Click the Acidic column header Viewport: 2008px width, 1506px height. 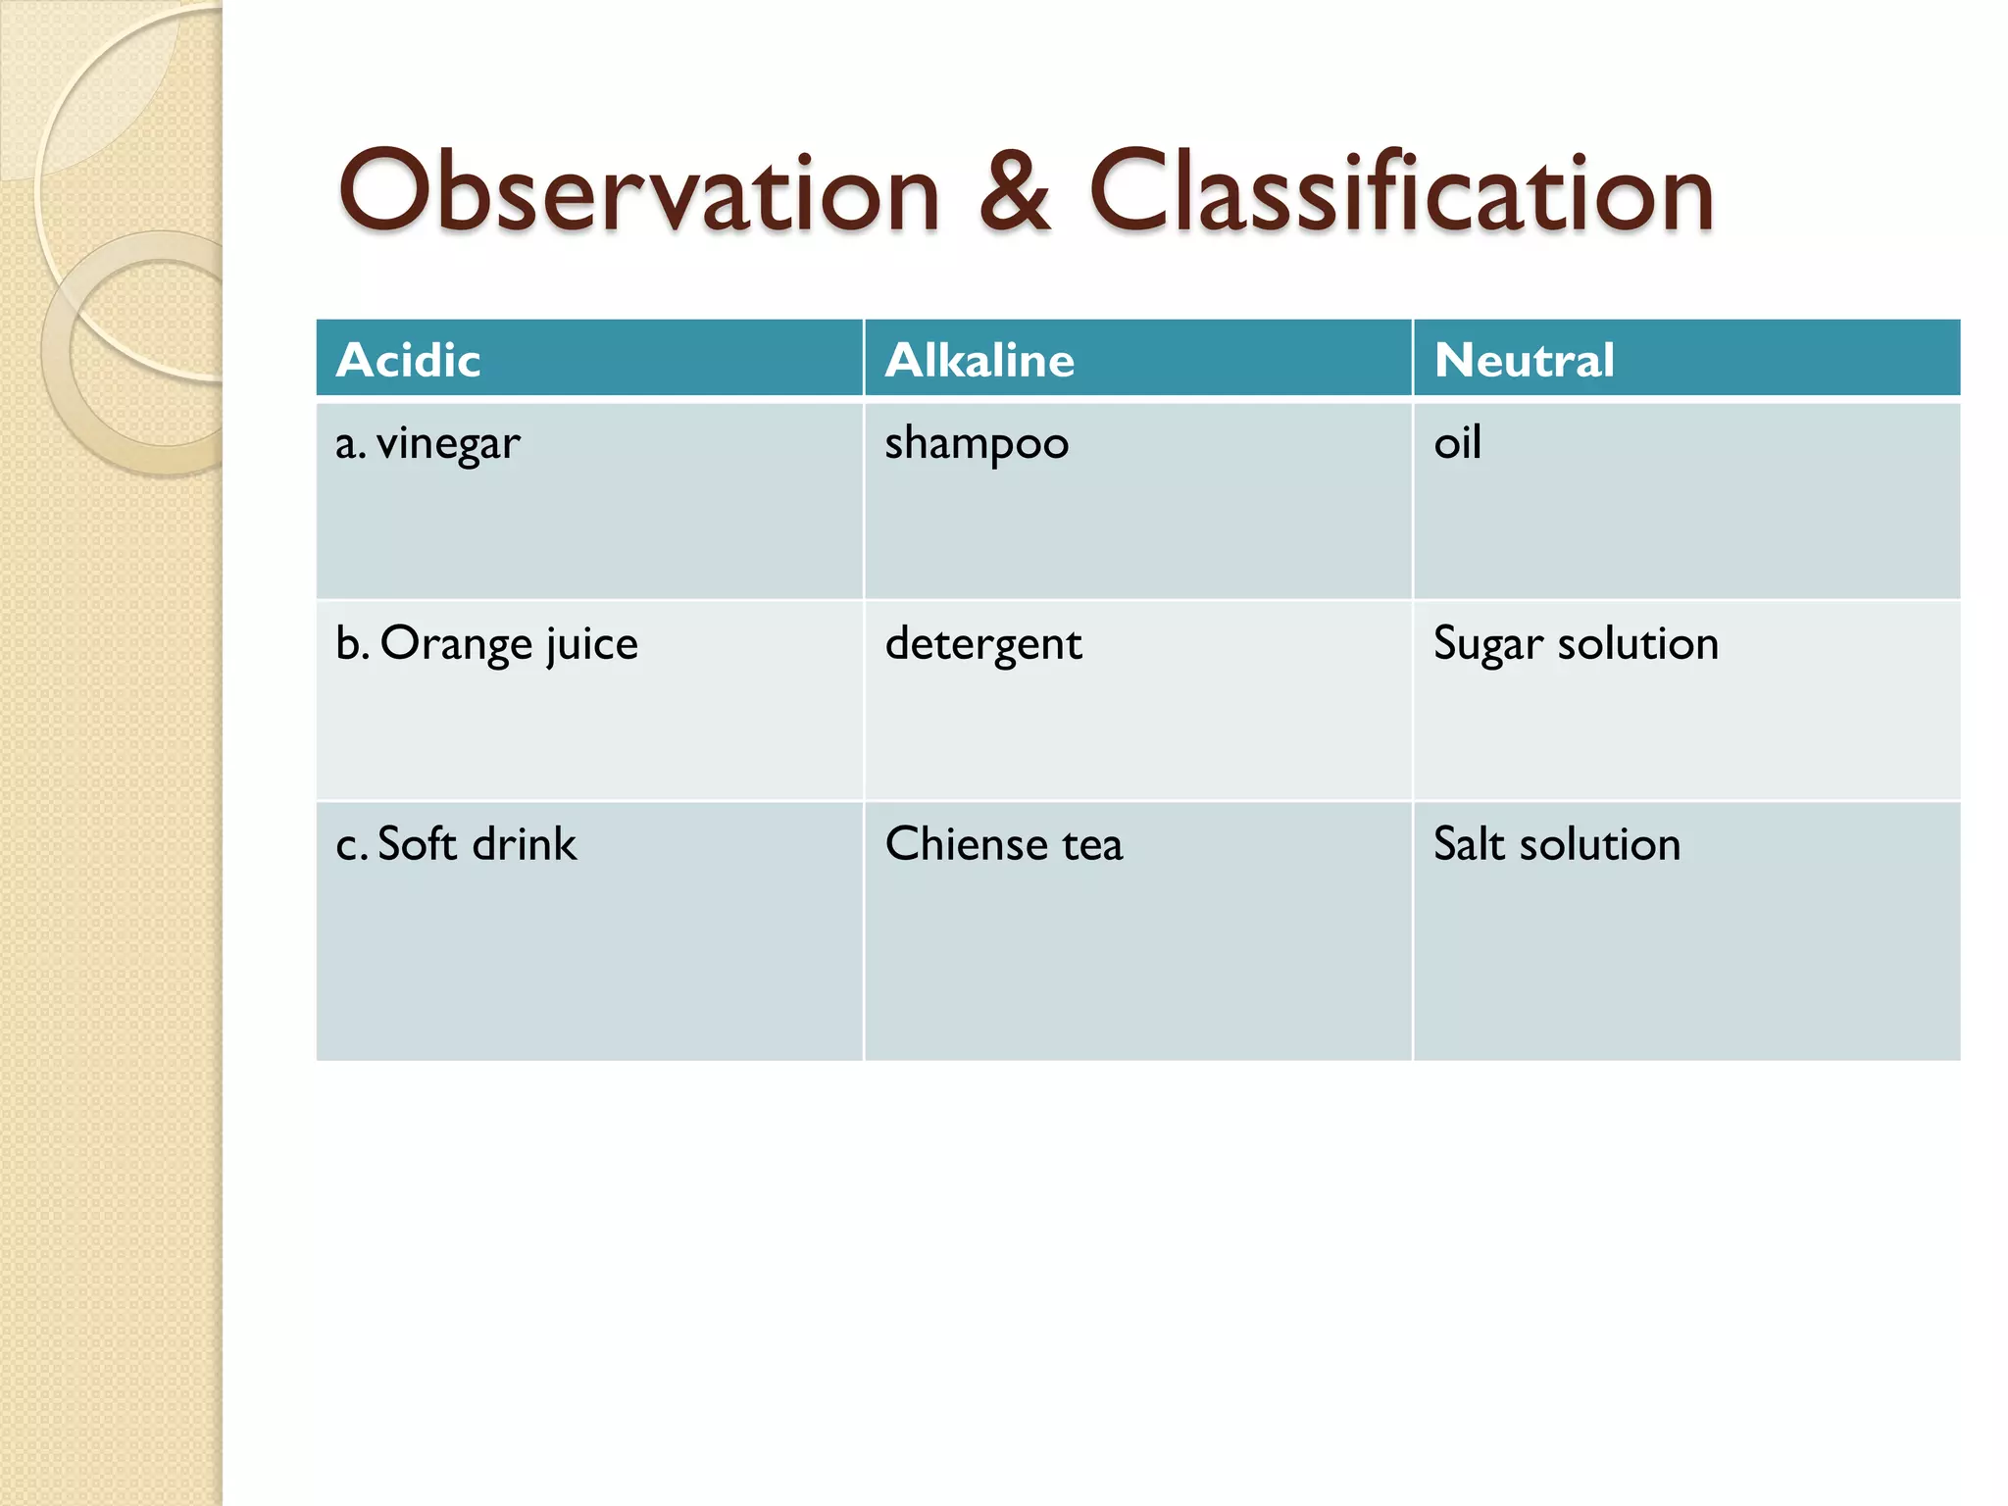pos(408,360)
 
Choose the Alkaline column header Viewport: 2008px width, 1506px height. pos(979,360)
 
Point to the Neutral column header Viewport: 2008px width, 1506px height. pos(1524,360)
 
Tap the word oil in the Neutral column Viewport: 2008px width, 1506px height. pos(1457,443)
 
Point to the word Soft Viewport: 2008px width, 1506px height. pos(417,844)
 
